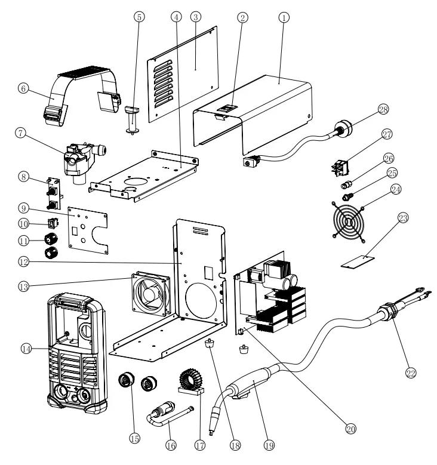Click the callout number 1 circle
[284, 17]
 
